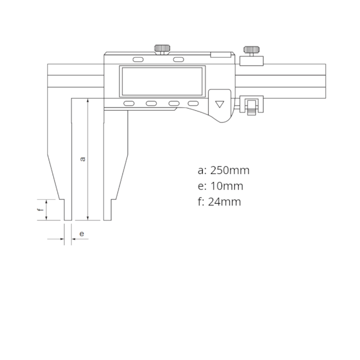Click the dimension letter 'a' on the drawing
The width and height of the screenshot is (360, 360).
[83, 158]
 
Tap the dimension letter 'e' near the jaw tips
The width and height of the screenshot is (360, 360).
[81, 234]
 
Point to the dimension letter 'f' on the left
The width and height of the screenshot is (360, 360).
[41, 209]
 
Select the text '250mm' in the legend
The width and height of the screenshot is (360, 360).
[230, 171]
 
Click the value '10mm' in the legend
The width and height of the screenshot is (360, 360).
[227, 186]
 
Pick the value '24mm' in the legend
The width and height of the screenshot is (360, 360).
[224, 202]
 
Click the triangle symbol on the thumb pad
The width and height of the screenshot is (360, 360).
[220, 104]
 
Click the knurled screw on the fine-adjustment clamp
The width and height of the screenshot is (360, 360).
[251, 50]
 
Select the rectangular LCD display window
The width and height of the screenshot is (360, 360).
[162, 81]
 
